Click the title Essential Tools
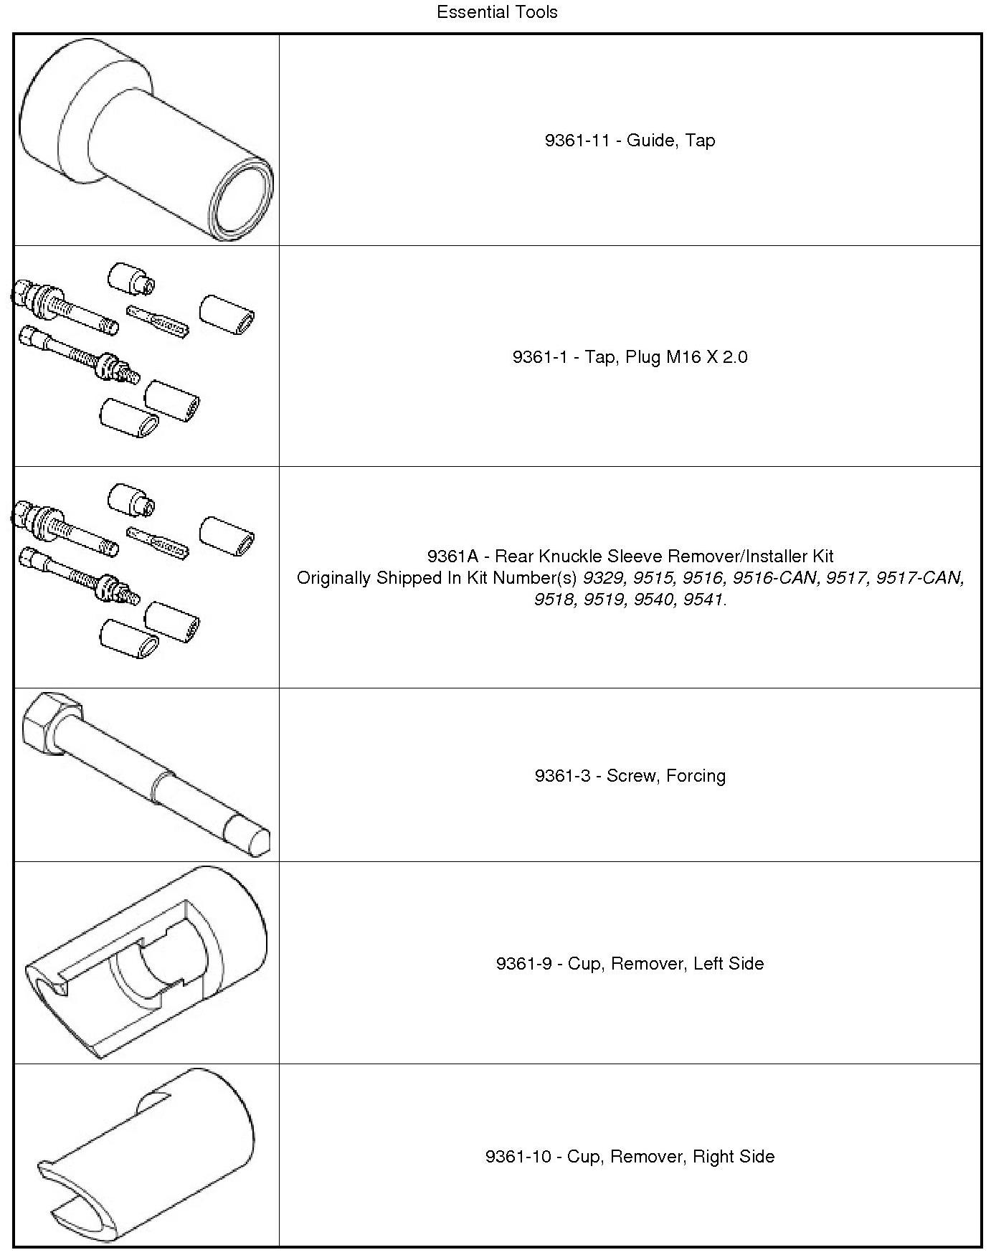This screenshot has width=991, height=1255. (497, 12)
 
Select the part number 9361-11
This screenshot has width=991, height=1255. (577, 141)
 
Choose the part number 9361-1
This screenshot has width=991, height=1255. (539, 357)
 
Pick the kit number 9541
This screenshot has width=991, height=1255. (703, 600)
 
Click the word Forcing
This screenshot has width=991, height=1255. (696, 776)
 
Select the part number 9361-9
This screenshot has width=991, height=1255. (523, 964)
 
